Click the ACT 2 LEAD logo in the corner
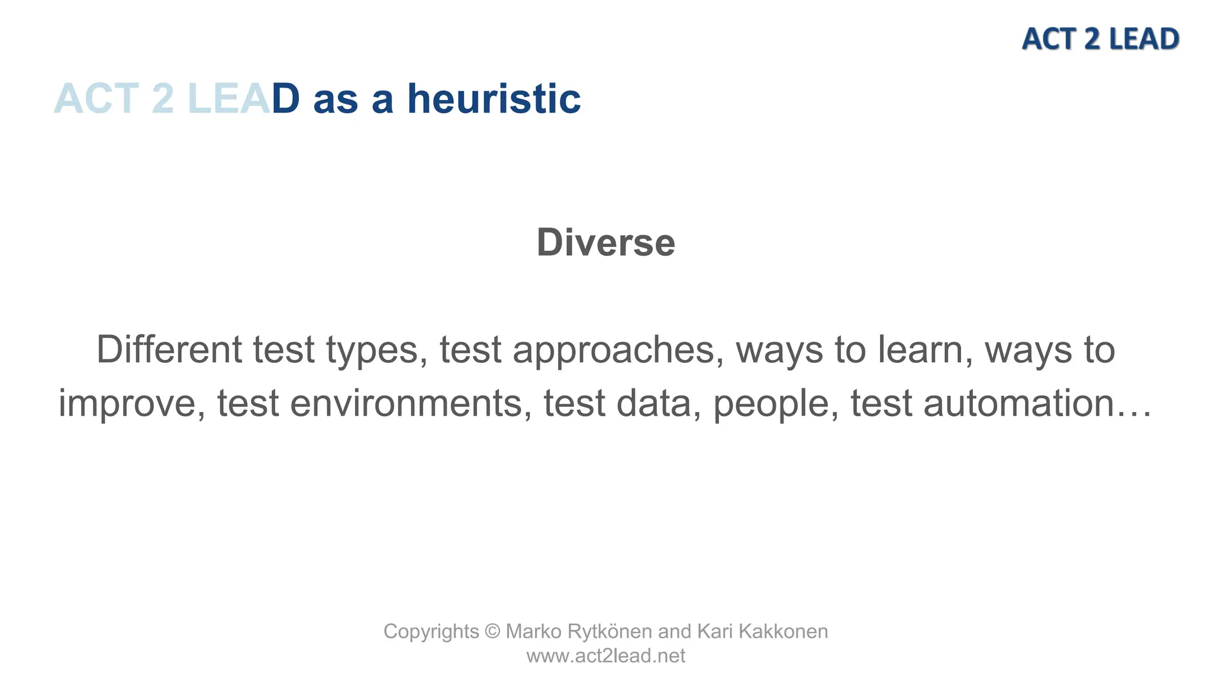pos(1100,39)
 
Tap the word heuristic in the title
pos(494,98)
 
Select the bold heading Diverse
pos(605,242)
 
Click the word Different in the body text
pos(169,349)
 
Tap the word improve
pos(131,404)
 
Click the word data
pos(653,403)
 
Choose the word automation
pos(1018,403)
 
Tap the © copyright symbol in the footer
pos(492,631)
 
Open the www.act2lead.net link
pos(605,656)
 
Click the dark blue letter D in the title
pos(285,98)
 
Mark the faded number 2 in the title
pos(163,98)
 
